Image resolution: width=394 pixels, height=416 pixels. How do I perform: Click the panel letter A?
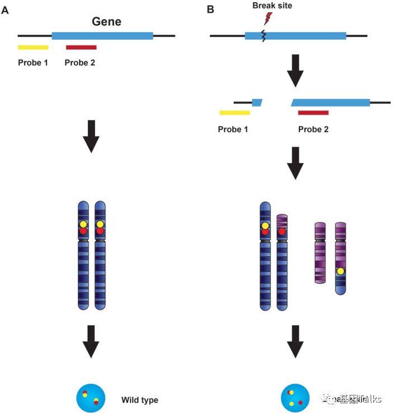point(5,10)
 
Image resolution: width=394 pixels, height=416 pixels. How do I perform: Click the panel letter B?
point(210,10)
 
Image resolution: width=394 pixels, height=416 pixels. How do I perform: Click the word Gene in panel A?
point(106,22)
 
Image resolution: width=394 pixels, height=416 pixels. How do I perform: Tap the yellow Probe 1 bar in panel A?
point(33,48)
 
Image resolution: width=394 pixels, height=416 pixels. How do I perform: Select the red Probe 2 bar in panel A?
point(81,48)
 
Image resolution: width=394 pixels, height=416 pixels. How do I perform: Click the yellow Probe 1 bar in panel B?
point(234,113)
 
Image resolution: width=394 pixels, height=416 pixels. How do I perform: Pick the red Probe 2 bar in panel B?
point(313,113)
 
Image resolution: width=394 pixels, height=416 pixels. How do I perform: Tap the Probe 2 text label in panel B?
point(313,129)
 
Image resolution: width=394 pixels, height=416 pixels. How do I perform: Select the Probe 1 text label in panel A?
point(33,62)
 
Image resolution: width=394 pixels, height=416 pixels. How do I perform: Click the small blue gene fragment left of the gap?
point(257,102)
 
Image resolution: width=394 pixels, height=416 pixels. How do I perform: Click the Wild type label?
point(139,400)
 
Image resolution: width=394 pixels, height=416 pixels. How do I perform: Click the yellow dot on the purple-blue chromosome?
point(340,272)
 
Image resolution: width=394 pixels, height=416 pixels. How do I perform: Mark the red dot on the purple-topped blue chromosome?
point(282,231)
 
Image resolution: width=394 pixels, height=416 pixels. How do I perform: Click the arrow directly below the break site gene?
point(295,70)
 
